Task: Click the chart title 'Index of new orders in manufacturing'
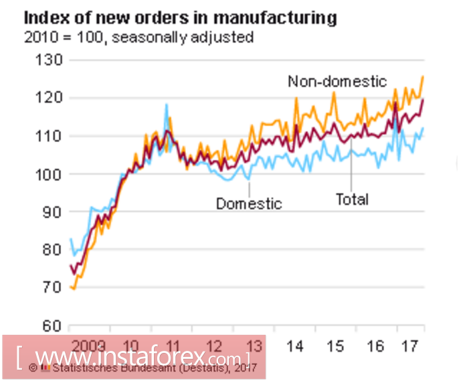[180, 18]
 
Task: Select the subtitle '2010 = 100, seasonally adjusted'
[138, 37]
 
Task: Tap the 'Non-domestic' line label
[337, 82]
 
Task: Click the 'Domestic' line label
[249, 204]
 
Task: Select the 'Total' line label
[352, 199]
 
